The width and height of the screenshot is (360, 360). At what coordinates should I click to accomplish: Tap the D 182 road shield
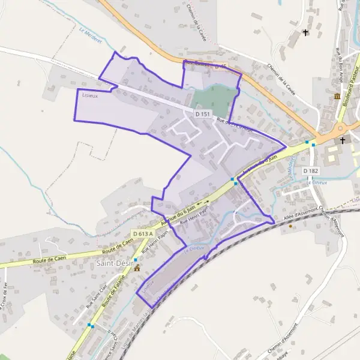point(310,171)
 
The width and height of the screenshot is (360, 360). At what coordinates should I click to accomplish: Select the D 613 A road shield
point(143,233)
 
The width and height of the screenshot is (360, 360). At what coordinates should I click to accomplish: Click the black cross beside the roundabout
point(343,140)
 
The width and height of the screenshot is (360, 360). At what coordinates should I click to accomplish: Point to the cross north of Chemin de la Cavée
point(305,32)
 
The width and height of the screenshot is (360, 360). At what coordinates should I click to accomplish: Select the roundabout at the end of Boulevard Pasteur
point(340,127)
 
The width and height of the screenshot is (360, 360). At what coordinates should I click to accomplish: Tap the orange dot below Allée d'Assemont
point(290,226)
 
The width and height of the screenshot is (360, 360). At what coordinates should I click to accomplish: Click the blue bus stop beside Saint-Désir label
point(136,259)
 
